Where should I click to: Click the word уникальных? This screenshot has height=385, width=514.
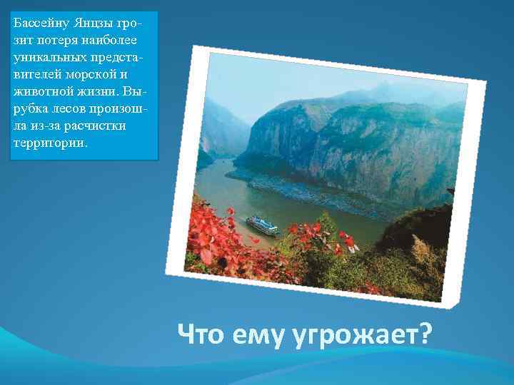[x=47, y=57]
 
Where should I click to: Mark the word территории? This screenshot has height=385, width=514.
[x=49, y=142]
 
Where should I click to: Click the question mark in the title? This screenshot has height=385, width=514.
[x=425, y=332]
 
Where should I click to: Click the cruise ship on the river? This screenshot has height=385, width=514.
[x=263, y=225]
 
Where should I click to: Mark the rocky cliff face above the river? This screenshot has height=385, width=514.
[x=343, y=143]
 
